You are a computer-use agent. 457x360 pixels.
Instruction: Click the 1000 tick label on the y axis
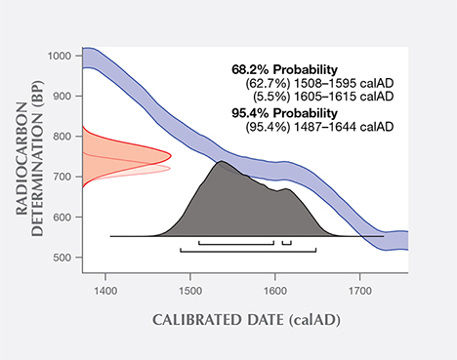[x=62, y=57]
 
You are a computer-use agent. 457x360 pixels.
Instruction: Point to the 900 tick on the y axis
[x=65, y=97]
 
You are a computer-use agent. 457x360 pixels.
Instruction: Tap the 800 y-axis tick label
[x=65, y=137]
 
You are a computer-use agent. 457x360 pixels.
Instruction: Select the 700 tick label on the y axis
[x=65, y=177]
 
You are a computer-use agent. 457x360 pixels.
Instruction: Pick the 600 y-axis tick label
[x=65, y=217]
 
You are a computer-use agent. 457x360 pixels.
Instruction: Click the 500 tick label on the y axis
[x=65, y=258]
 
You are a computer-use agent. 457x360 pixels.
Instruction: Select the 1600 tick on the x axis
[x=275, y=290]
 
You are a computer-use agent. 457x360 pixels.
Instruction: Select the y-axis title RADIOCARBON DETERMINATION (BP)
[x=31, y=156]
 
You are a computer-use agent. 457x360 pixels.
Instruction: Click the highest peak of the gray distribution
[x=222, y=161]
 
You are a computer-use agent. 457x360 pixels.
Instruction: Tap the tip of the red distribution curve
[x=172, y=155]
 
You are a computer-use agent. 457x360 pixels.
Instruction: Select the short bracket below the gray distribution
[x=286, y=243]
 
